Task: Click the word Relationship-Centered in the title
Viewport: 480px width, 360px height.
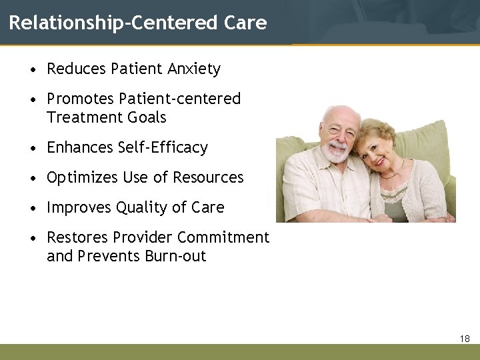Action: pos(113,23)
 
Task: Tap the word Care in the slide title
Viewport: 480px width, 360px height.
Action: pos(245,23)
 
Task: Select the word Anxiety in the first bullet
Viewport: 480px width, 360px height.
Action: pos(194,69)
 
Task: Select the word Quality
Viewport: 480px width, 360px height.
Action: pos(141,207)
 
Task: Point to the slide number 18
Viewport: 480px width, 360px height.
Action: pos(465,339)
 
